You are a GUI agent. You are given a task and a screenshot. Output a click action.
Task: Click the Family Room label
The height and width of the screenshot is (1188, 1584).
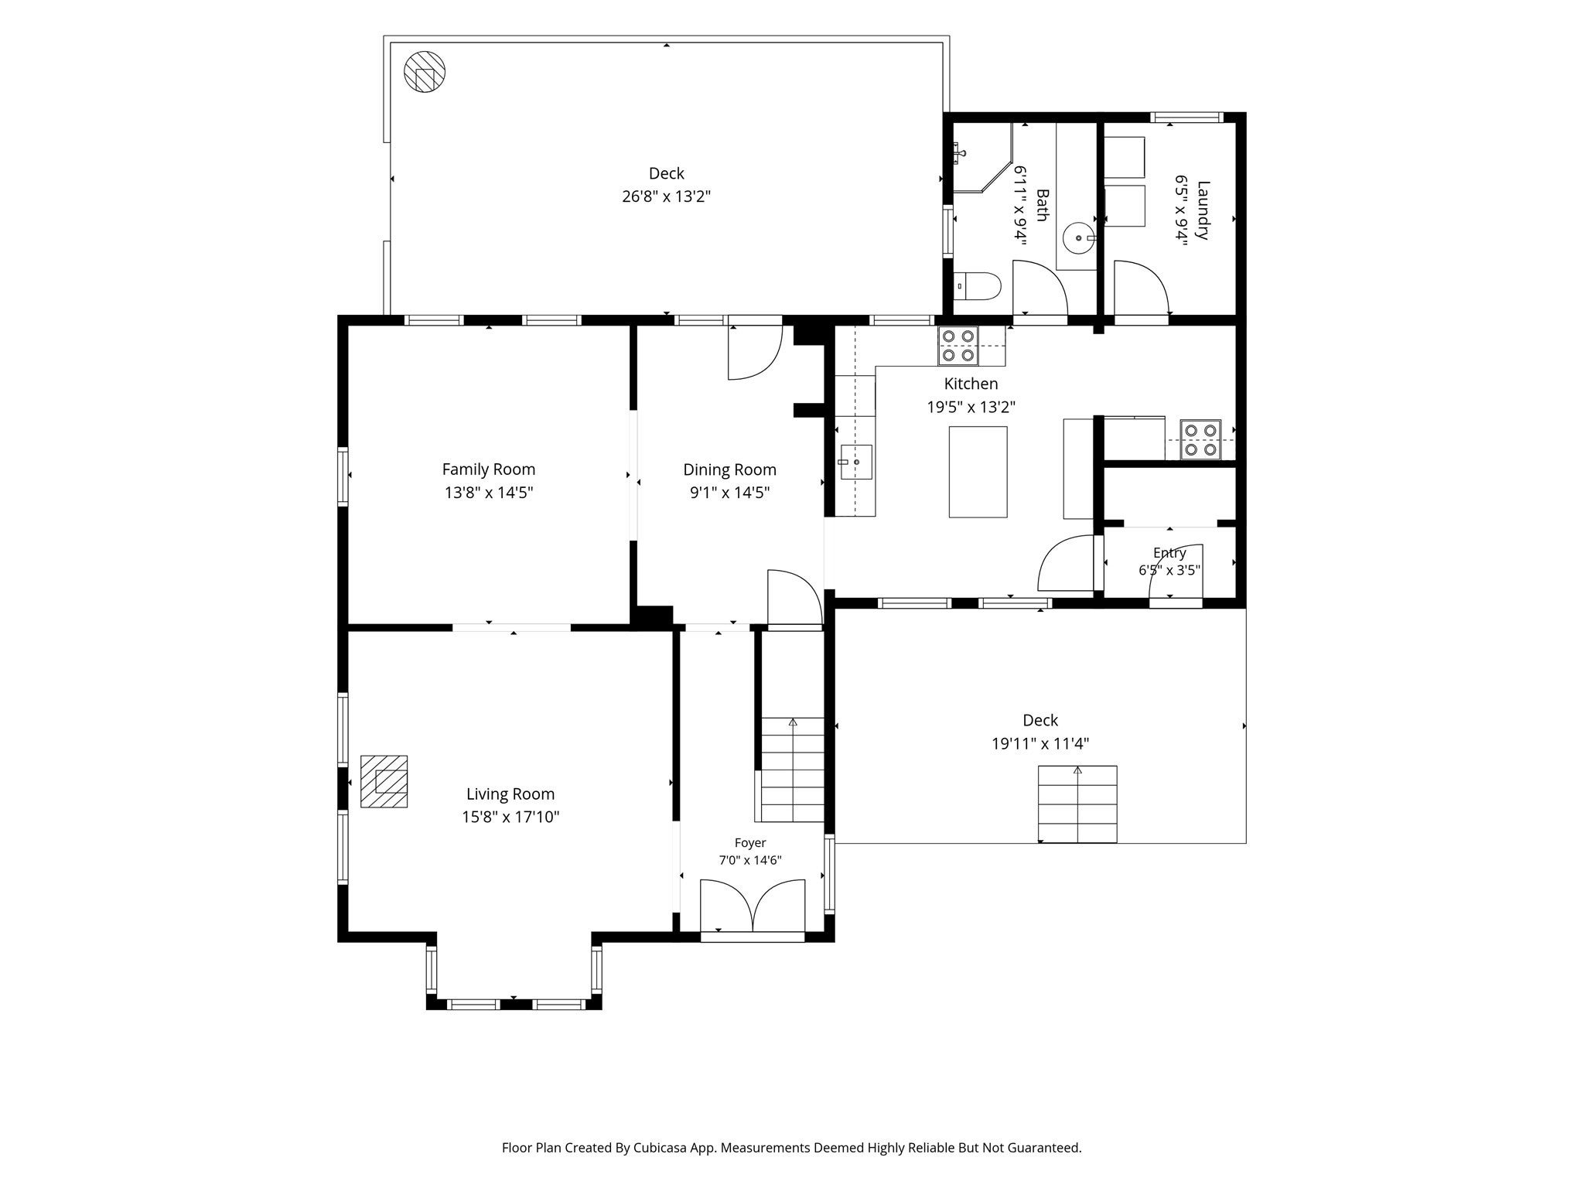[488, 469]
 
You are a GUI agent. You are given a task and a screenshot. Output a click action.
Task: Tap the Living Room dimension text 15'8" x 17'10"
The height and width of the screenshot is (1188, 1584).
[510, 817]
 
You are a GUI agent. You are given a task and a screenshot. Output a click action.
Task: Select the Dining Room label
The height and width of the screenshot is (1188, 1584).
[729, 469]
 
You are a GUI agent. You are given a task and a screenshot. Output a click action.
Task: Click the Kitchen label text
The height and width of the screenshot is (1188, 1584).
[971, 384]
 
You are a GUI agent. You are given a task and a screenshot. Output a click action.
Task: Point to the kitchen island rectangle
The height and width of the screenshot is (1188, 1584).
[978, 472]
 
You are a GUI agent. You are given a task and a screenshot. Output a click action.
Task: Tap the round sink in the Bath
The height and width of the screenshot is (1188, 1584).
[1077, 238]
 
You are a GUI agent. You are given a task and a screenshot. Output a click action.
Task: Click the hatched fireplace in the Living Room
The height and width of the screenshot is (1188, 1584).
[384, 781]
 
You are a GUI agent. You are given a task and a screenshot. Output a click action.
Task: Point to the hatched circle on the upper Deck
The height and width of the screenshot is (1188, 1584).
[425, 72]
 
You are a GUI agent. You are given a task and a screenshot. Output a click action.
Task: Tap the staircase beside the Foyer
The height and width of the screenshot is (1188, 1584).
[792, 770]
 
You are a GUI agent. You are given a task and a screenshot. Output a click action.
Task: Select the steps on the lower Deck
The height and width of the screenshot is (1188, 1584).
[1077, 804]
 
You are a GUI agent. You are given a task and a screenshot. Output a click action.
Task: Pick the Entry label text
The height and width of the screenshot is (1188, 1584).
[1169, 553]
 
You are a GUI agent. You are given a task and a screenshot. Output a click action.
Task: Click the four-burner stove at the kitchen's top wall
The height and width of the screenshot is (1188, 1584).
[958, 346]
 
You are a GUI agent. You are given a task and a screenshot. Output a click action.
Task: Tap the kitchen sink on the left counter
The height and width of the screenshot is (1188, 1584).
[856, 462]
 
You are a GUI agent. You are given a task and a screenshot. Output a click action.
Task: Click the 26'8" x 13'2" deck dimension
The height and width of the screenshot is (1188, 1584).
[666, 196]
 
